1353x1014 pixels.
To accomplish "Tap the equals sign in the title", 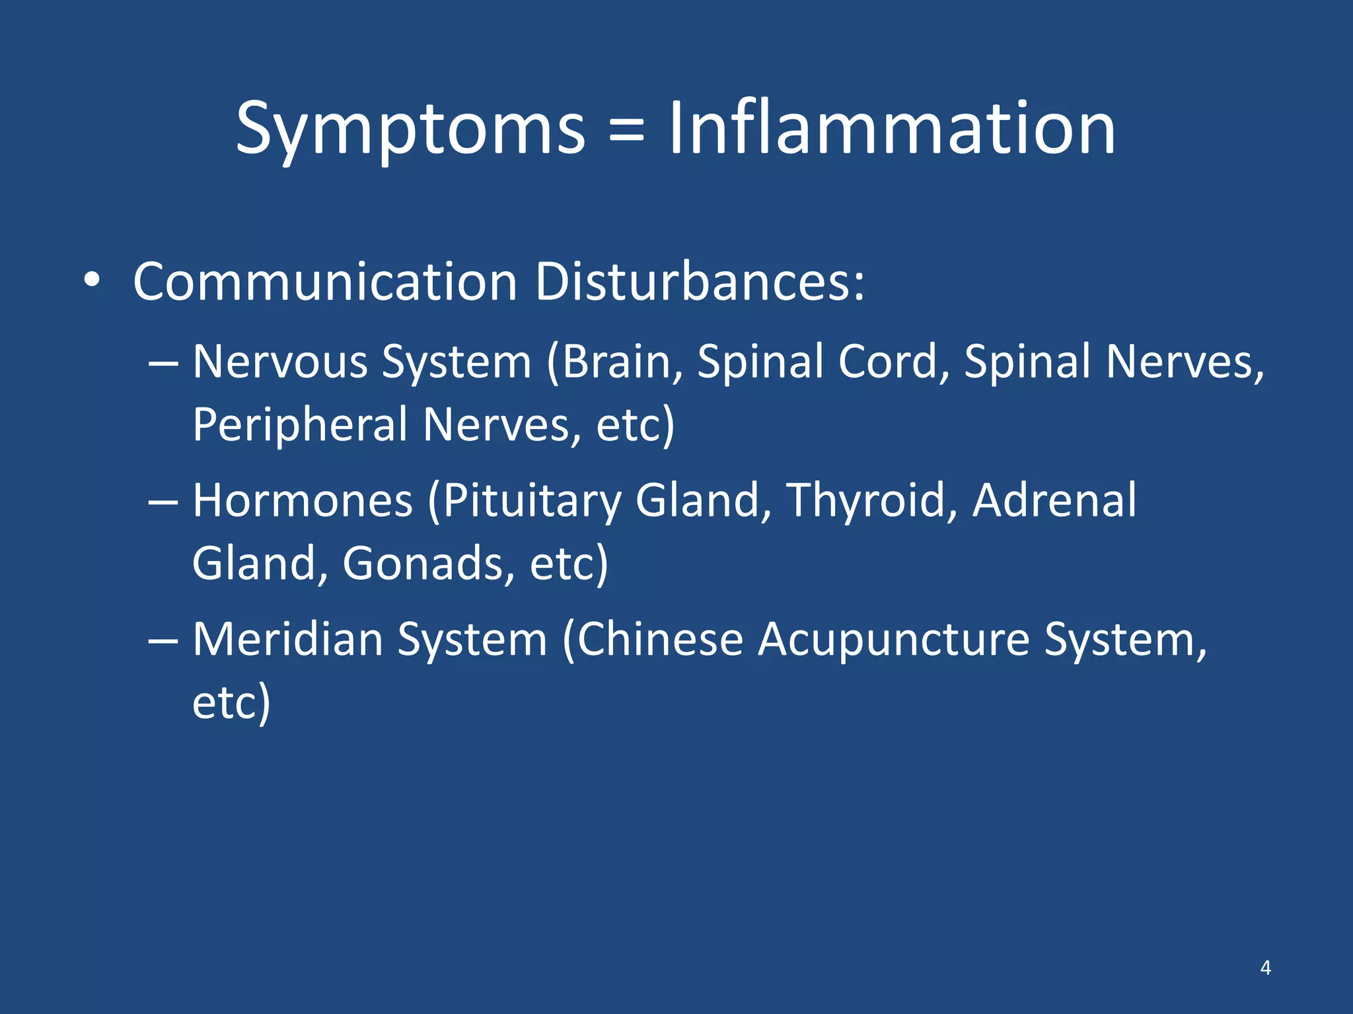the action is [x=626, y=129].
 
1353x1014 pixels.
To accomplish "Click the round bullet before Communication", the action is [x=92, y=281].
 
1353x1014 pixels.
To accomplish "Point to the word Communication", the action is [x=324, y=282].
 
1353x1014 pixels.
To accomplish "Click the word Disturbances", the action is [x=699, y=282].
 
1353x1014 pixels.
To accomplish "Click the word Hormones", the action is [x=303, y=500].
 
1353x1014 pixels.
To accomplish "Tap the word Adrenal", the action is [x=1054, y=500].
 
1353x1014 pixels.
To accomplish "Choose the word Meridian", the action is [x=287, y=640].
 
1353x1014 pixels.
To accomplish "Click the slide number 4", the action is [x=1265, y=968].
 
